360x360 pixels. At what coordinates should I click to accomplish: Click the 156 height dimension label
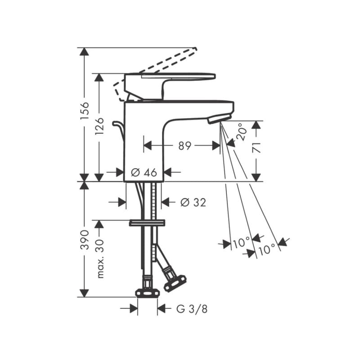[85, 110]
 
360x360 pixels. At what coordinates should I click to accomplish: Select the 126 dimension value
[99, 126]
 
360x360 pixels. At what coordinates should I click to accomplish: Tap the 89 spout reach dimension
[185, 145]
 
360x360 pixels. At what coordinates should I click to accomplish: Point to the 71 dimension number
[256, 148]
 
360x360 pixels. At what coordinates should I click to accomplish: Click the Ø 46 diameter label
[144, 172]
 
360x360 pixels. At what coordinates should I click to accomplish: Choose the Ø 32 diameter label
[193, 202]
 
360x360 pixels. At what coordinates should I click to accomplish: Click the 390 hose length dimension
[85, 240]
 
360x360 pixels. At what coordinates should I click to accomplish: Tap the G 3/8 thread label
[192, 309]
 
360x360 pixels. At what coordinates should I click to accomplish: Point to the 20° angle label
[242, 132]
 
